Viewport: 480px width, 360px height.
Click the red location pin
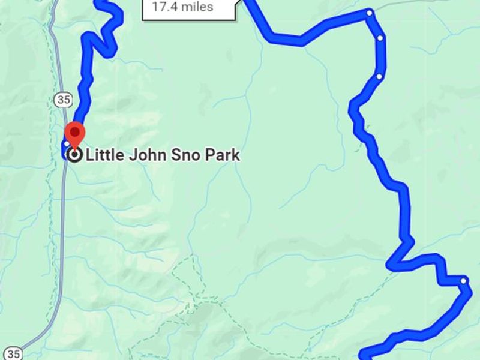[74, 133]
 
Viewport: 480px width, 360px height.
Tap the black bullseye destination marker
[74, 155]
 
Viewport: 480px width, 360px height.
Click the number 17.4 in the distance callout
[166, 7]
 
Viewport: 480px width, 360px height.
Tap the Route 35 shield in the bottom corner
[13, 353]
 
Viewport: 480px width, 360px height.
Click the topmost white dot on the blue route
[370, 13]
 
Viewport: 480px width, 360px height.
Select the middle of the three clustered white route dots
[380, 38]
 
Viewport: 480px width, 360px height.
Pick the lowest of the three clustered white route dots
[379, 77]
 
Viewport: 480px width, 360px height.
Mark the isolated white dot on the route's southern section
[464, 280]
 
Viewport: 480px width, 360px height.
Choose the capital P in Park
[207, 155]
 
